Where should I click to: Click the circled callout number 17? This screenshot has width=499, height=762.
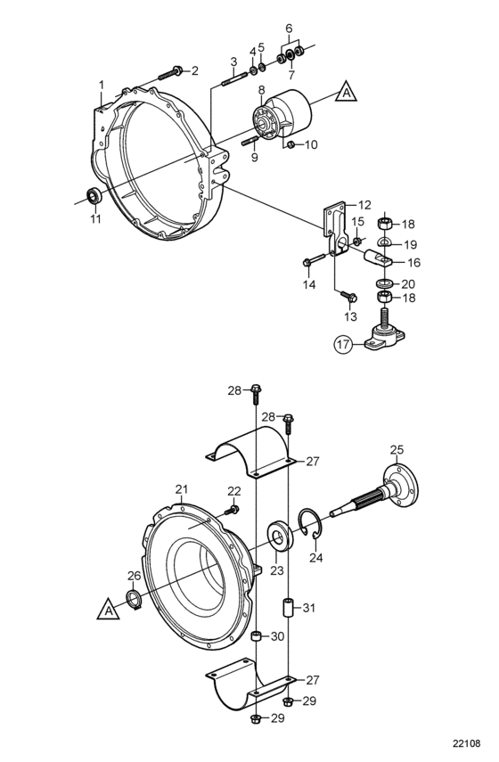(x=342, y=344)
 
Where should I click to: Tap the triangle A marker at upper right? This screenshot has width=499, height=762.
(x=346, y=92)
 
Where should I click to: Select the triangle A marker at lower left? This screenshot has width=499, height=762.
(x=109, y=609)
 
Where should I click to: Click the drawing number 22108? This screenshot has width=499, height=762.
(x=466, y=743)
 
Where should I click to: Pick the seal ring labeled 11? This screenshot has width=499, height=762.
(x=94, y=195)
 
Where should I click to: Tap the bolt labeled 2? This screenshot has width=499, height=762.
(x=170, y=74)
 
